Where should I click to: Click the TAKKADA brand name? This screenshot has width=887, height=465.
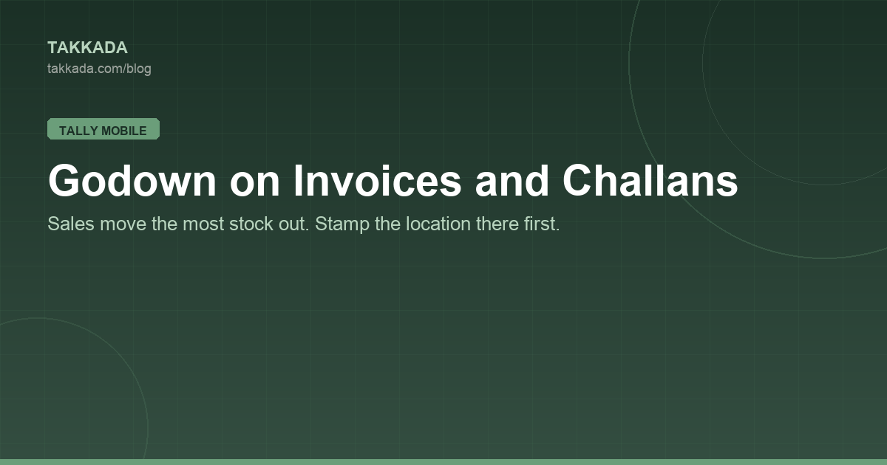click(x=87, y=48)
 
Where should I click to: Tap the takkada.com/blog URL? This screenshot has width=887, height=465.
click(x=99, y=69)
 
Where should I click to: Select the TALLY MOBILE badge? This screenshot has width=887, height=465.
click(x=103, y=129)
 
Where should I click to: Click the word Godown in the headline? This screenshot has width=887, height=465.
click(x=132, y=180)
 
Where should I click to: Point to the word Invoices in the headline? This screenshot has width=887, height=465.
click(x=378, y=180)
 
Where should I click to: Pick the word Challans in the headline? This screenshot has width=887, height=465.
click(x=650, y=180)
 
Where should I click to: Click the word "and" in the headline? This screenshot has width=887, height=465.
click(x=512, y=180)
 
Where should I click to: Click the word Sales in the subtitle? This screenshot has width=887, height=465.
click(x=71, y=224)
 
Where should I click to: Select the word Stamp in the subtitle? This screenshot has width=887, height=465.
click(x=342, y=224)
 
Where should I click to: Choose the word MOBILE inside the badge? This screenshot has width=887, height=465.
click(x=124, y=131)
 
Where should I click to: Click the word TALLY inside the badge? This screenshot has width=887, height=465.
click(x=78, y=131)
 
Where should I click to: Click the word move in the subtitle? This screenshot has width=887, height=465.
click(x=123, y=224)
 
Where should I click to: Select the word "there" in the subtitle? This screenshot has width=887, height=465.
click(x=497, y=224)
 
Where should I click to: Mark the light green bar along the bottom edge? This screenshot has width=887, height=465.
click(x=443, y=462)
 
